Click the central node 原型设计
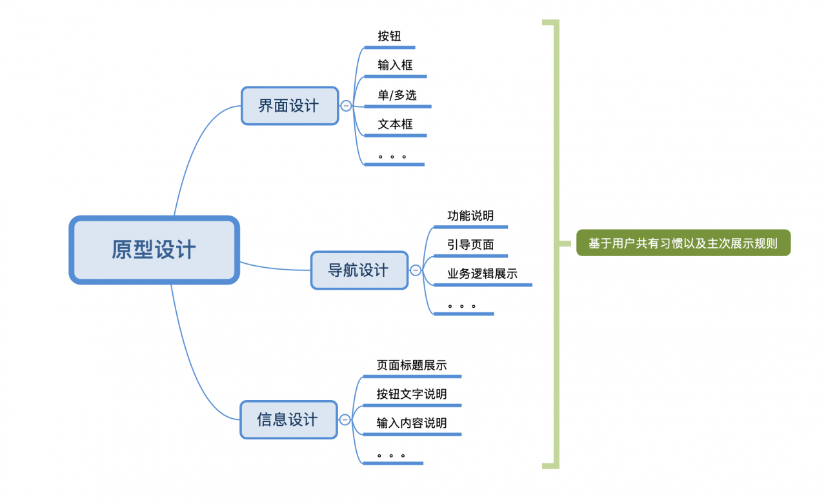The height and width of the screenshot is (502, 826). [154, 250]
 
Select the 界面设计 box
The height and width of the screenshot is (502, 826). [289, 106]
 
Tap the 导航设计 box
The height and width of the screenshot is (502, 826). [359, 270]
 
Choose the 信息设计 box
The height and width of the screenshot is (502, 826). [288, 420]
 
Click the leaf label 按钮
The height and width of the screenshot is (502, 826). [389, 36]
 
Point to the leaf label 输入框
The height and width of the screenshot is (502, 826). [395, 65]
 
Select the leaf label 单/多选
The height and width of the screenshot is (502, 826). [397, 95]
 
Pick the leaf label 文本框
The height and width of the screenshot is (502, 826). [395, 125]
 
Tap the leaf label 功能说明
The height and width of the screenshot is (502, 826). [470, 216]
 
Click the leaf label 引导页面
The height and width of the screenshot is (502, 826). [470, 245]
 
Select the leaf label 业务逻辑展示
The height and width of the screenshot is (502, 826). [482, 274]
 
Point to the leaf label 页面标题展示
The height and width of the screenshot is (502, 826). [412, 365]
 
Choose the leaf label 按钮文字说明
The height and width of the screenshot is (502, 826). [412, 394]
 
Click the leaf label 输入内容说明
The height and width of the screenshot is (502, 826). [412, 423]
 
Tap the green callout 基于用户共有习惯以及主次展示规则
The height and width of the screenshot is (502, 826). [683, 244]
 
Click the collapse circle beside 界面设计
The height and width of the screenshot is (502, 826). [346, 106]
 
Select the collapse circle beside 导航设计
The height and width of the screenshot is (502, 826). [416, 270]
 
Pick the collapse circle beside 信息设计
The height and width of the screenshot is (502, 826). [345, 420]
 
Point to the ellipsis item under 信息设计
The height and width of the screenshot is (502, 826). [392, 456]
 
